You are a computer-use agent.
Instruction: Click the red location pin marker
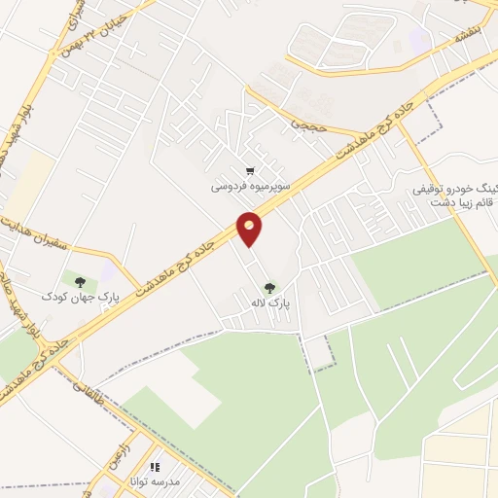click(250, 230)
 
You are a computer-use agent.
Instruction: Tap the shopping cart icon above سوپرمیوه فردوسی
click(251, 170)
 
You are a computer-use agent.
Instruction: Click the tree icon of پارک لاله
click(268, 287)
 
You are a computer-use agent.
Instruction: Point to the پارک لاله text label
click(268, 302)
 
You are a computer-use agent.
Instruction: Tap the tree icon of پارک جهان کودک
click(80, 282)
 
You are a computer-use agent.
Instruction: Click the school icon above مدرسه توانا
click(155, 467)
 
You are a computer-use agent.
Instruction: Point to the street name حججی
click(302, 124)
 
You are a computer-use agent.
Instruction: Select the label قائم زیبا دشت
click(458, 202)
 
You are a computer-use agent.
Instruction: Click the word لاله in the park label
click(256, 302)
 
